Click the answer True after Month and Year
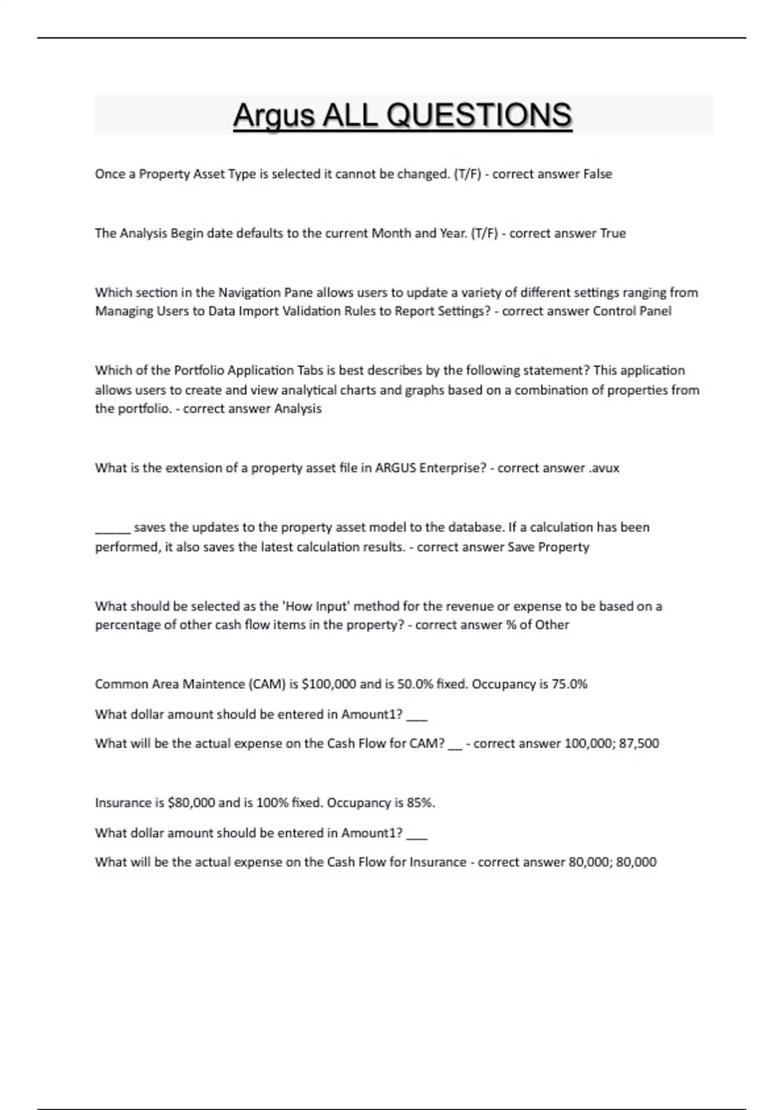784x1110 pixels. pyautogui.click(x=613, y=233)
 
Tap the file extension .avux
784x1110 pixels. pyautogui.click(x=604, y=468)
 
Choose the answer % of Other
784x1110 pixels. pyautogui.click(x=537, y=625)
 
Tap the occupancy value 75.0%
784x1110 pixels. pyautogui.click(x=569, y=684)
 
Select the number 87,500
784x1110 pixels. pyautogui.click(x=638, y=743)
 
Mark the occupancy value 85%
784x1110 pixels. pyautogui.click(x=421, y=802)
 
